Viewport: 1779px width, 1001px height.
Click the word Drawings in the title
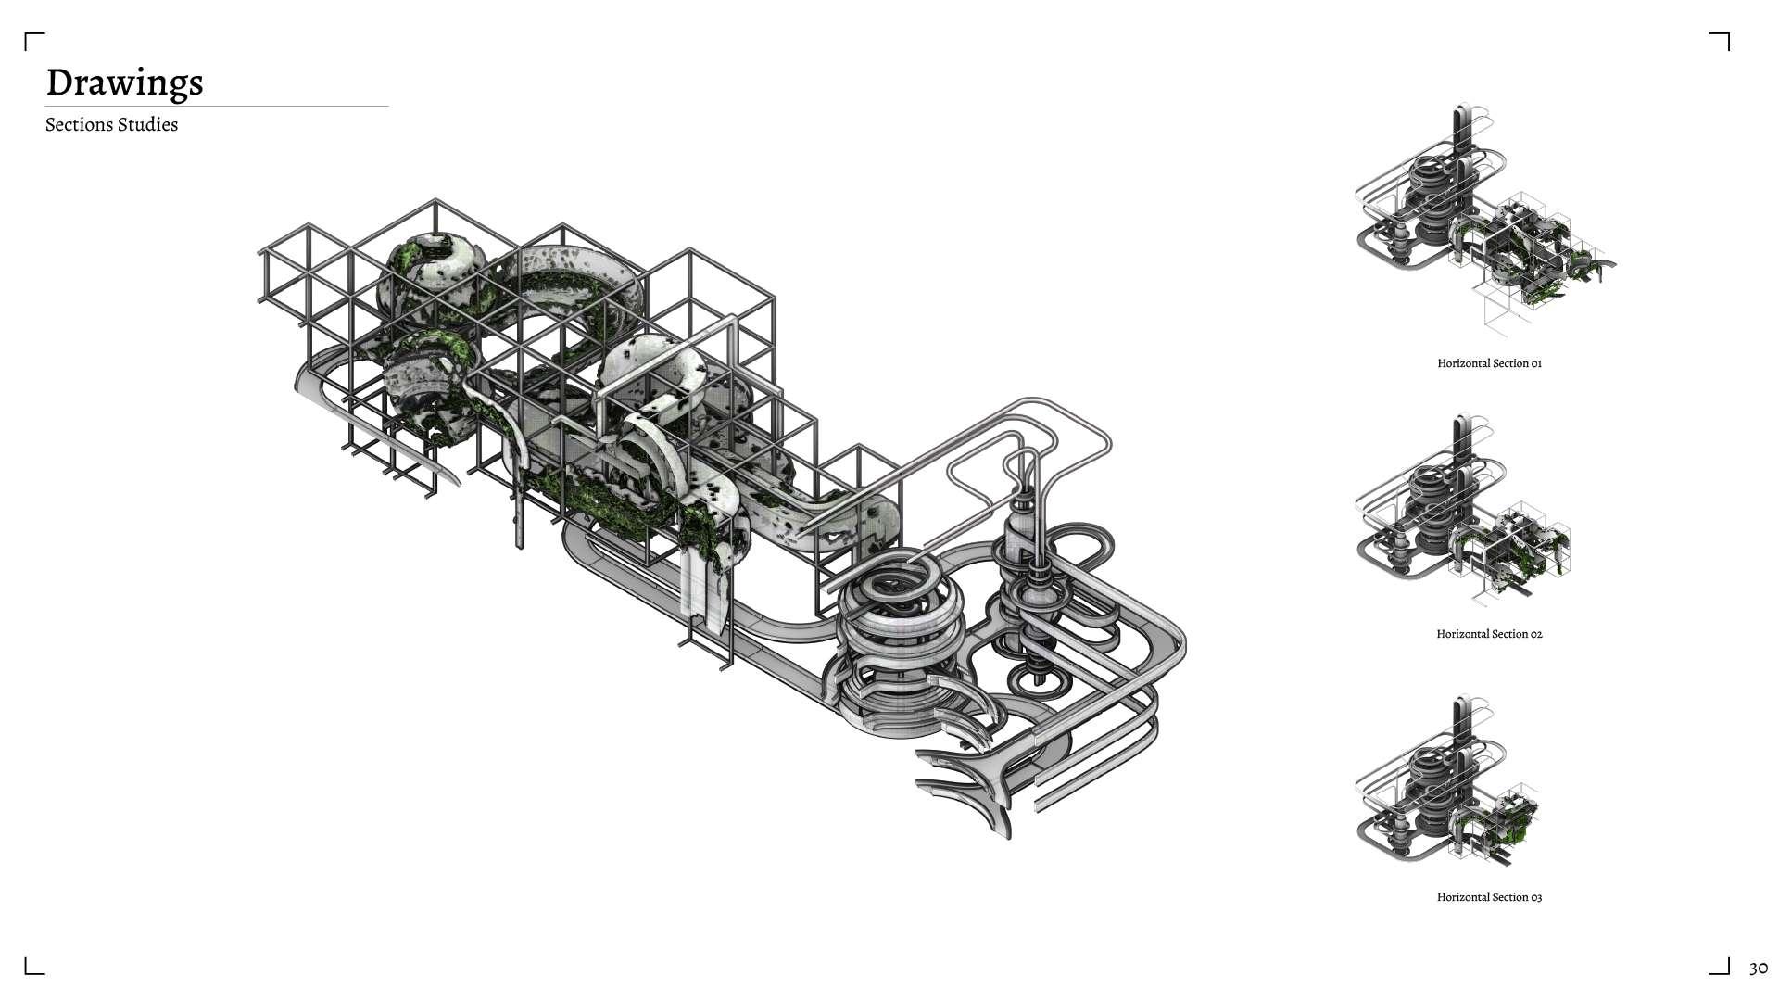click(x=124, y=82)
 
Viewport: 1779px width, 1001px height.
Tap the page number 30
click(x=1758, y=969)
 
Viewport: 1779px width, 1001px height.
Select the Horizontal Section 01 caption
click(x=1489, y=363)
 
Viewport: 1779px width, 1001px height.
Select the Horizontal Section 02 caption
click(x=1489, y=634)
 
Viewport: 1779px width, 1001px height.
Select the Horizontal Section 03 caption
click(x=1489, y=897)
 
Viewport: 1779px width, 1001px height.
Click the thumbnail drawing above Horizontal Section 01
click(x=1485, y=217)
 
